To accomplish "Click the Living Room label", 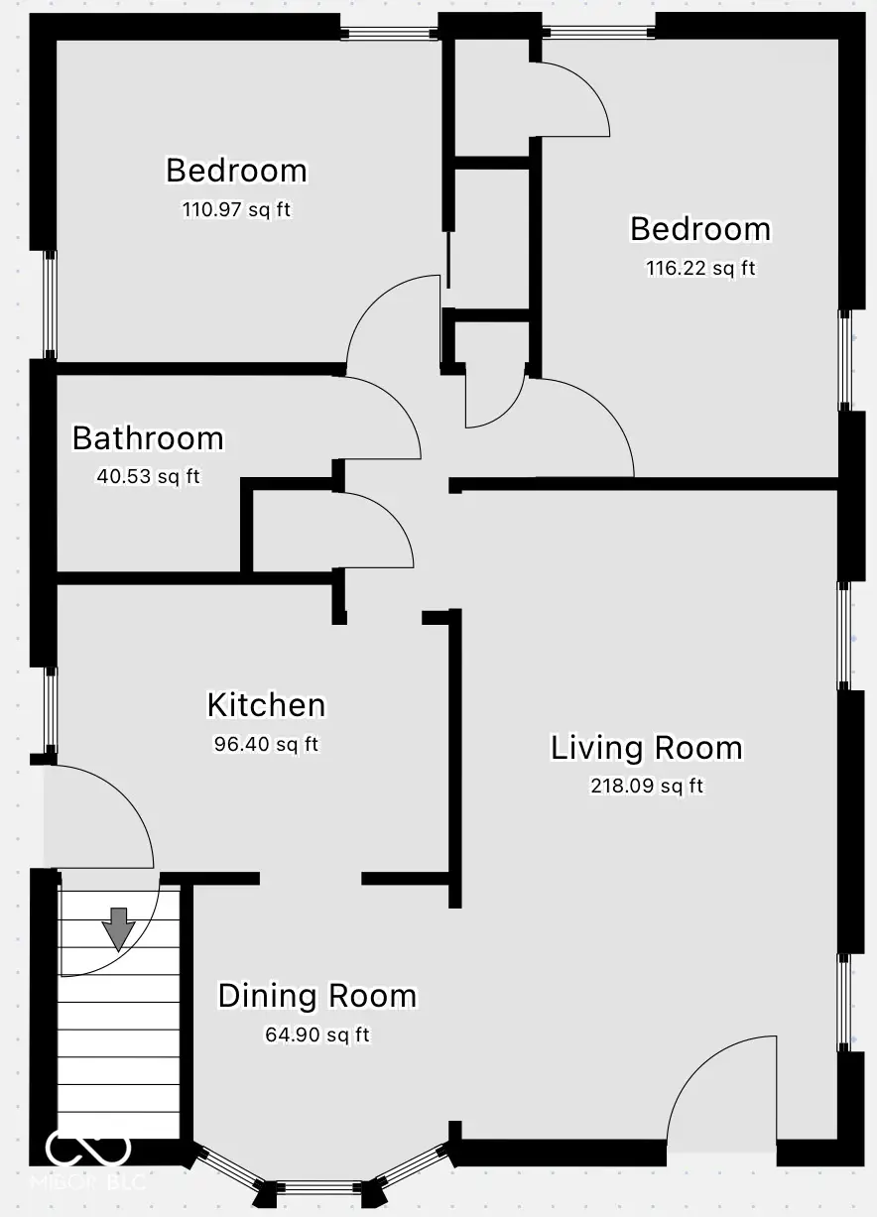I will coord(646,748).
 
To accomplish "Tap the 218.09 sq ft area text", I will coord(646,787).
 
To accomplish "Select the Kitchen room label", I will coord(266,705).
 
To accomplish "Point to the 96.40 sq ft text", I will coord(266,744).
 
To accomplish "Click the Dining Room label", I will coord(317,996).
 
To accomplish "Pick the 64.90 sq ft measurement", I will coord(317,1034).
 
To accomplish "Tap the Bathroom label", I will coord(148,438).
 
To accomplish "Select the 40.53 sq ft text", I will coord(148,476).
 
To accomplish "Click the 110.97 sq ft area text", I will coord(236,210).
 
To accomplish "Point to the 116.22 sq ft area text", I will coord(700,268).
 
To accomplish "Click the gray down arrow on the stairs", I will coord(119,928).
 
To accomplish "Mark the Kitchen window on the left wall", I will coord(49,710).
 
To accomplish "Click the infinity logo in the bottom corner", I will coord(88,1150).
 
